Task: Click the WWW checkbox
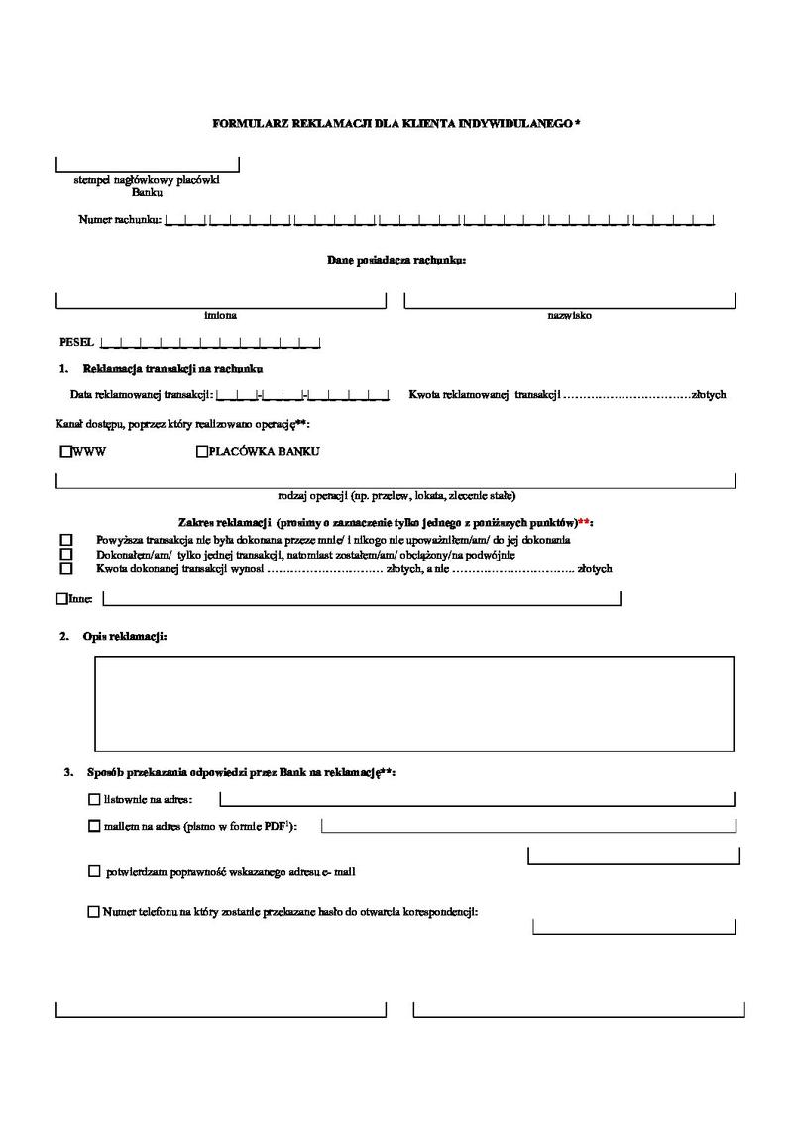(66, 452)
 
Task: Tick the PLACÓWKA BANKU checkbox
(202, 452)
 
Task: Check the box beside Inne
(61, 598)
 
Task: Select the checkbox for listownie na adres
(94, 799)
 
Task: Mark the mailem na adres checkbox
(94, 825)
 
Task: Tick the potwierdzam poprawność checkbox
(94, 872)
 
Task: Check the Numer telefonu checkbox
(94, 911)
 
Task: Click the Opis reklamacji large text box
(414, 702)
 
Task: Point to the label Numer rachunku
(119, 219)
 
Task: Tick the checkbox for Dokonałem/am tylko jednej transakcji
(66, 555)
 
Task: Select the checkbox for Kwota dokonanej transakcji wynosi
(66, 569)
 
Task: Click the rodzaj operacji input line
(396, 481)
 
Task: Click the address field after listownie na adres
(476, 798)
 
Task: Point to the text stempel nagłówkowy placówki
(147, 180)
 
